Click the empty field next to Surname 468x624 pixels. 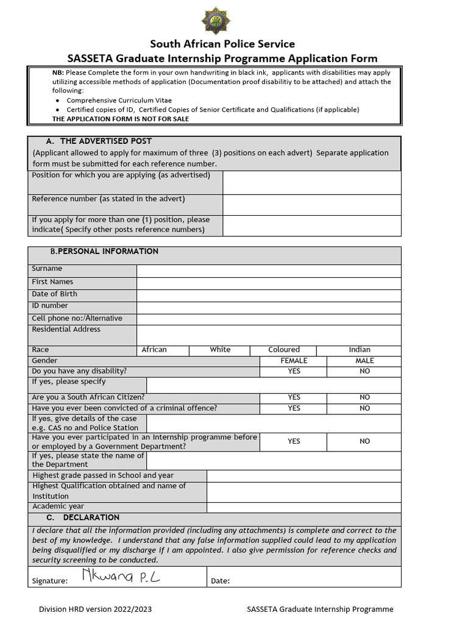(269, 271)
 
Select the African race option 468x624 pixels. (154, 350)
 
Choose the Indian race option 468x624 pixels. (359, 350)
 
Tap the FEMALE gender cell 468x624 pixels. (294, 361)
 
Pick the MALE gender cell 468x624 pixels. (364, 361)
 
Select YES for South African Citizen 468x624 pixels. (294, 397)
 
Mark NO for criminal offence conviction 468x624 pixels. (364, 408)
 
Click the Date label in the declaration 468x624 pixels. (220, 581)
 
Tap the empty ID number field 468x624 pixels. (269, 307)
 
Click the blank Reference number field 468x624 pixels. (311, 205)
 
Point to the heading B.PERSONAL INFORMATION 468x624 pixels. (104, 252)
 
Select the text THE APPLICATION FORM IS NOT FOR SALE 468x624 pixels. (121, 119)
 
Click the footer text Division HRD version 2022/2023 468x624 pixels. (96, 609)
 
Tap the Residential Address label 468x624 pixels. (66, 330)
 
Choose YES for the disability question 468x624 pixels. (294, 371)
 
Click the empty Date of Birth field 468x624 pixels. (269, 295)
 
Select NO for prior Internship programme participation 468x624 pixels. (364, 441)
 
